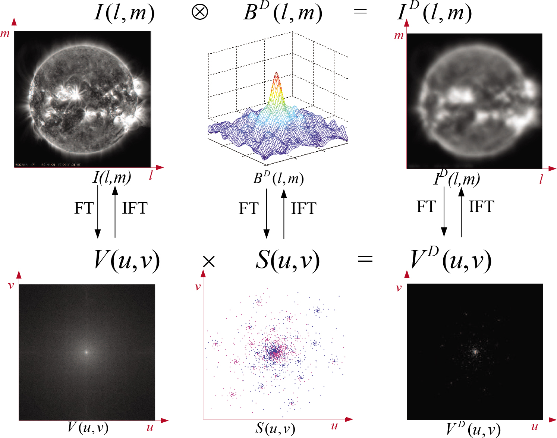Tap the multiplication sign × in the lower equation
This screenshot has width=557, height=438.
(x=209, y=261)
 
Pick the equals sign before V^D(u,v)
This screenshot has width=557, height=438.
(x=365, y=258)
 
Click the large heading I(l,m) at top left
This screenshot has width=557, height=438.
(x=124, y=13)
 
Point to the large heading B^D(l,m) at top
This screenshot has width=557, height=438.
(x=283, y=12)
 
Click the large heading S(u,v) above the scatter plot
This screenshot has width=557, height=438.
(x=287, y=260)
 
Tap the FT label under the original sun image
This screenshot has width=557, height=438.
(x=84, y=208)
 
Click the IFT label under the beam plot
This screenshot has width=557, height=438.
(x=303, y=208)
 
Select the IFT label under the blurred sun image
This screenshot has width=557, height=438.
(x=481, y=207)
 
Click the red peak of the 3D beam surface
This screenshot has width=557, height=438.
(x=276, y=74)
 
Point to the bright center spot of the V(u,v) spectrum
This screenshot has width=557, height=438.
(x=86, y=352)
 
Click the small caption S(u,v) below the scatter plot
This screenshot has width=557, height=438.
(x=275, y=428)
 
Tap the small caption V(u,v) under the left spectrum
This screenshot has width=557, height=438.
(x=88, y=427)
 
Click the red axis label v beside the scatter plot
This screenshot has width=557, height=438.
(x=198, y=287)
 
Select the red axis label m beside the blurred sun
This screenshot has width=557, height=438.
(x=399, y=36)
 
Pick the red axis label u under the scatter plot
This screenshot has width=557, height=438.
(x=334, y=426)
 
